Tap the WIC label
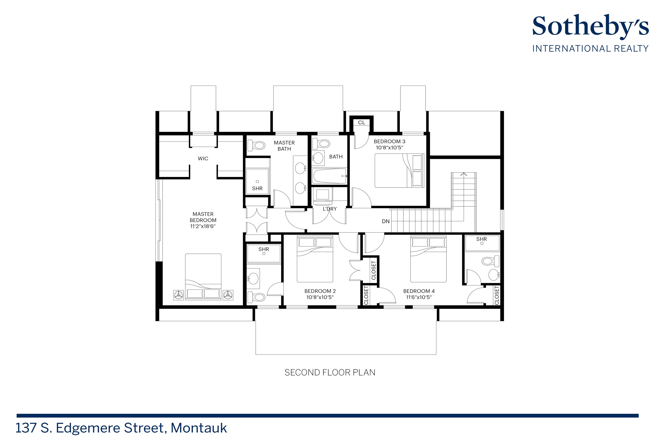click(203, 159)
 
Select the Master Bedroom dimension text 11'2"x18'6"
click(203, 226)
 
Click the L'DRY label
click(330, 209)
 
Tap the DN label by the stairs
click(386, 221)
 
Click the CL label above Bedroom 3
click(361, 123)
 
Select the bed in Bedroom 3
click(399, 171)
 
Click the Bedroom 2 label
click(320, 291)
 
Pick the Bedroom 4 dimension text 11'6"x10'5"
click(419, 297)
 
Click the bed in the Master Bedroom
click(203, 276)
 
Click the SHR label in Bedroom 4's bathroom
click(482, 239)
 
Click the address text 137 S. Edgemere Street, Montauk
click(121, 428)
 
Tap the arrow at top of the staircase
click(464, 175)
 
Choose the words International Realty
click(590, 49)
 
